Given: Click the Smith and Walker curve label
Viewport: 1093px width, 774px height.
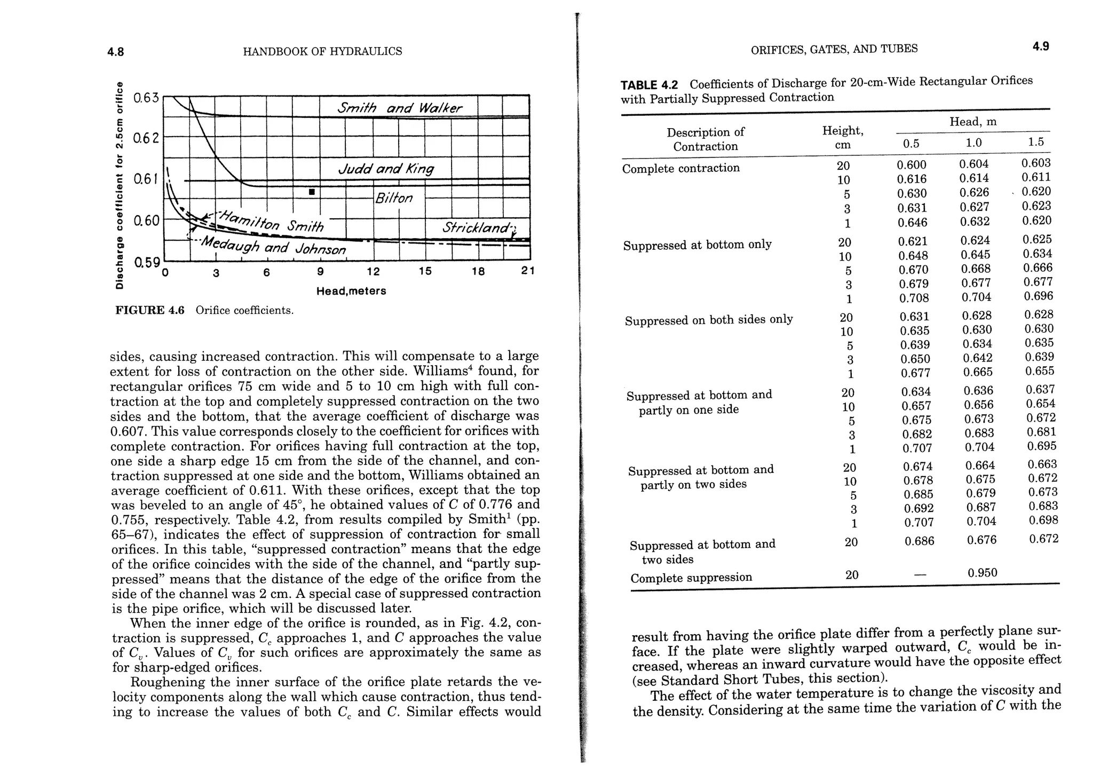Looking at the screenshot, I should pos(399,108).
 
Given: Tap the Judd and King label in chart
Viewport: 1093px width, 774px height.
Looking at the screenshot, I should pos(386,169).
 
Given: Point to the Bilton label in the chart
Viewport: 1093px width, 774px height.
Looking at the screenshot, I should pos(394,199).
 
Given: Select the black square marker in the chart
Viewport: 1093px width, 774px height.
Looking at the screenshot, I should pos(312,192).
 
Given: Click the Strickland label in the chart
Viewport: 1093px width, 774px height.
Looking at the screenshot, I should pos(479,228).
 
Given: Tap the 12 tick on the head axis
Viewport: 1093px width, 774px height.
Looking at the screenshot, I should pos(373,272).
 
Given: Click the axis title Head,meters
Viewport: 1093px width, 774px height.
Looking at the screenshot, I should pos(351,291).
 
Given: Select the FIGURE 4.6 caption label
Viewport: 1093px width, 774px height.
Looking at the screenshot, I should pos(149,311).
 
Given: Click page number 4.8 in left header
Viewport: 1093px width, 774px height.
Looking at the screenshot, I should pos(115,52).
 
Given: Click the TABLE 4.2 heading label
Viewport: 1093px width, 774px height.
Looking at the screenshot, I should pos(649,85).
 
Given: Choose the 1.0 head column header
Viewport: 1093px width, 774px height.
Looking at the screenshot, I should pos(973,143).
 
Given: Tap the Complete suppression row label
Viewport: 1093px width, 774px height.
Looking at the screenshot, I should pos(691,578).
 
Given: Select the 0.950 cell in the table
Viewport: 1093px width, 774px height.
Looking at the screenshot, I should pos(982,573).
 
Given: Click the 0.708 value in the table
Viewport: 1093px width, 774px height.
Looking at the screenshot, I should pos(914,298).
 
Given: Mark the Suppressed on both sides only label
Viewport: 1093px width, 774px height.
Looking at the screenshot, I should pos(709,320).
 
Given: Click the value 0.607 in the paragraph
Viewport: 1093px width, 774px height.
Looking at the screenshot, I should pos(126,431).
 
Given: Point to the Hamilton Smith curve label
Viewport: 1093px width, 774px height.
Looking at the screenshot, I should pos(272,222).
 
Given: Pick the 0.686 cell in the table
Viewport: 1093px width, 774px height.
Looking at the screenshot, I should pos(919,541).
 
